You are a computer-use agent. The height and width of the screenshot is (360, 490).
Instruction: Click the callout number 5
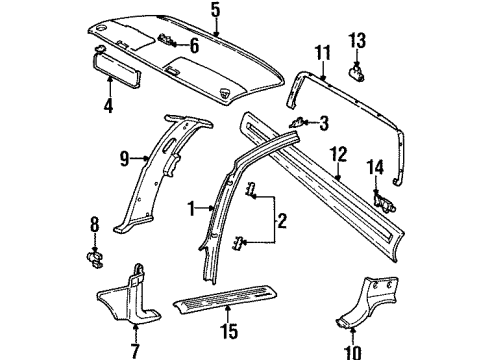tap(214, 11)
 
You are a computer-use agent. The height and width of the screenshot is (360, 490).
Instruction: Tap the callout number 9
tap(125, 157)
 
